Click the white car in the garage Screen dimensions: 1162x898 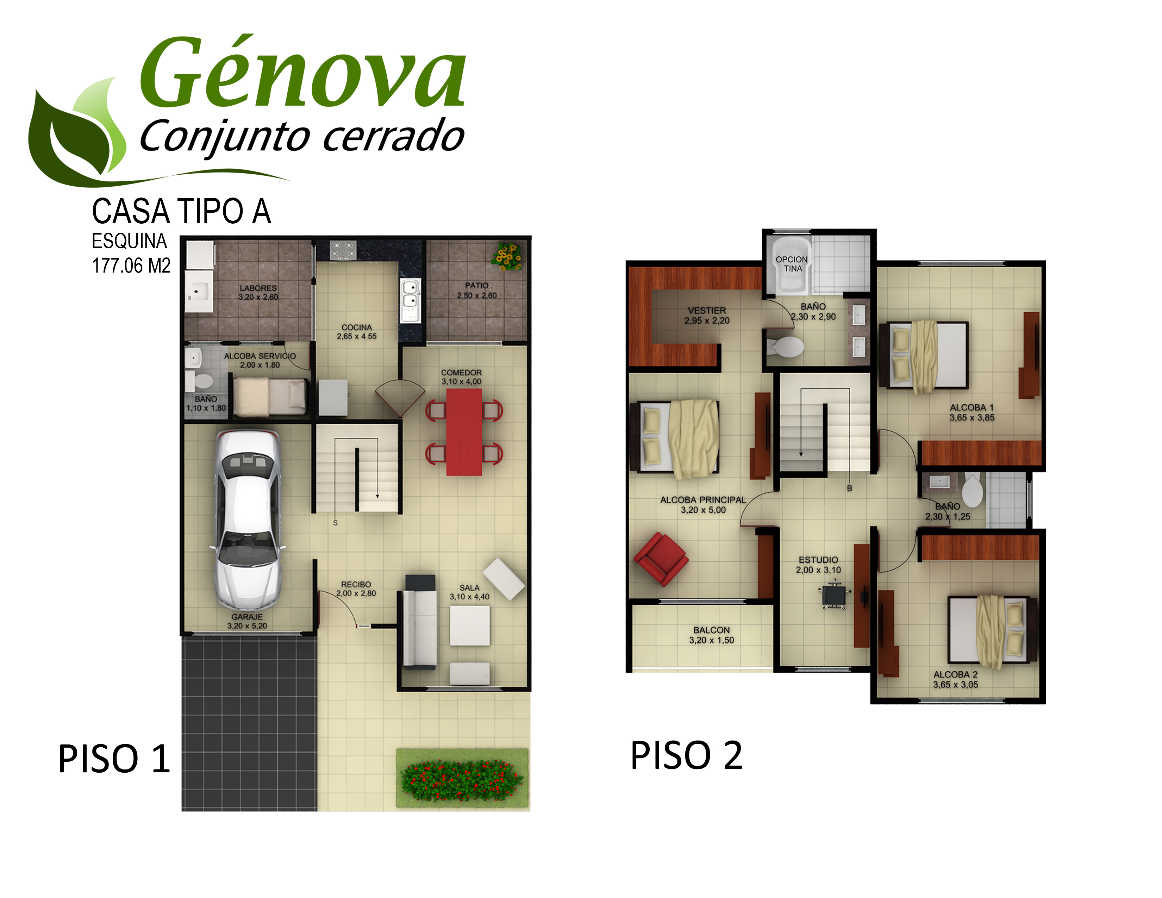(248, 520)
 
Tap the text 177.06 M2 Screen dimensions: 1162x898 (131, 266)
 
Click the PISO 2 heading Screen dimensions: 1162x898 (686, 755)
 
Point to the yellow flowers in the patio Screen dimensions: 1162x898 (507, 256)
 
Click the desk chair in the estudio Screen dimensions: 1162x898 (833, 596)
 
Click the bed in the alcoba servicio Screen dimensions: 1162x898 (270, 397)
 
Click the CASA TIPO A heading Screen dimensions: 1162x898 (181, 211)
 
